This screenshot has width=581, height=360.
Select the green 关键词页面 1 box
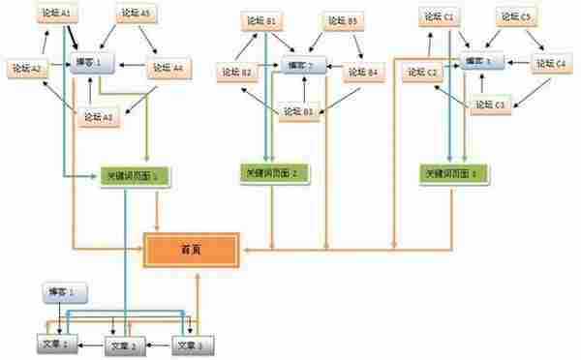(136, 177)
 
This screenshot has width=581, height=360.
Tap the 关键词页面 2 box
(274, 171)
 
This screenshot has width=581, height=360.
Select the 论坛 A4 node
(171, 69)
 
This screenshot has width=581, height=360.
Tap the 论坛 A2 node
(28, 68)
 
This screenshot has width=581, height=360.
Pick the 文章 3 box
(191, 343)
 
